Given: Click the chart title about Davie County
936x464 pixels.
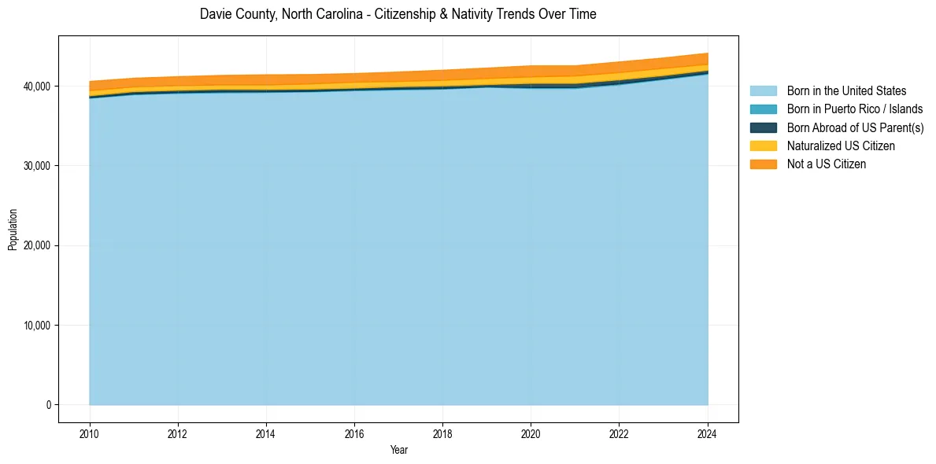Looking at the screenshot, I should click(398, 14).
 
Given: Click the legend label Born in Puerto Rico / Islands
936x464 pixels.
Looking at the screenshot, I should click(854, 109).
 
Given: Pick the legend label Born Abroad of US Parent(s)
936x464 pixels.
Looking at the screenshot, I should click(855, 127).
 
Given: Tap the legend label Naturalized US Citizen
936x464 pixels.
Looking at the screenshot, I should click(841, 146).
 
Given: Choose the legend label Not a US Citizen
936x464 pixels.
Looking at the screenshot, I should click(826, 164).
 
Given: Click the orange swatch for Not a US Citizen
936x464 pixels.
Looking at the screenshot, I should click(763, 164).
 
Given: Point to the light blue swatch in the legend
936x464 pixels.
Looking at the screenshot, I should click(763, 91).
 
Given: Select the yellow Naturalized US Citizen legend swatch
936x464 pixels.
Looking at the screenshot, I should click(763, 146).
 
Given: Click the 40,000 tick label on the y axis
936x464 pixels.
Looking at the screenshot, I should click(38, 86).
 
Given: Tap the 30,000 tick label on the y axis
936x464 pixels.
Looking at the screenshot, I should click(38, 166).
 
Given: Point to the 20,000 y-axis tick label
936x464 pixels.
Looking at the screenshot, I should click(38, 245).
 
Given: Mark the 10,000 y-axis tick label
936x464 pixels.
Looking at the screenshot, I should click(38, 326).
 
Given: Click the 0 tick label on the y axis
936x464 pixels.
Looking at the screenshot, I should click(48, 405).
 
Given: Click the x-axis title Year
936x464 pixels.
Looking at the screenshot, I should click(398, 450).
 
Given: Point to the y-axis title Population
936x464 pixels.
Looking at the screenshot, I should click(13, 230).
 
